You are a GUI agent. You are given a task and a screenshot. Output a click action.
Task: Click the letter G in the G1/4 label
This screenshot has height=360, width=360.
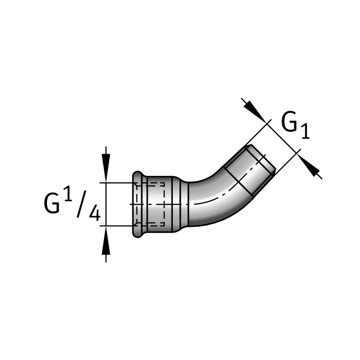click(x=52, y=203)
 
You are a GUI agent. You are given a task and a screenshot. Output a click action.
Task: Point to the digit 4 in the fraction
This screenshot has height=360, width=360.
click(x=94, y=212)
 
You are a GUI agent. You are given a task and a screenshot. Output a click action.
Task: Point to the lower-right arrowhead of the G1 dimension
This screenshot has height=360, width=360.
click(x=310, y=167)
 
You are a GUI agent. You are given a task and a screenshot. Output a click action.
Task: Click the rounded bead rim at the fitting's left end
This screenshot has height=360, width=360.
click(x=137, y=204)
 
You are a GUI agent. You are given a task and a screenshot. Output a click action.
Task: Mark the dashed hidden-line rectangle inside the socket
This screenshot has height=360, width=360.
click(x=155, y=203)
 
